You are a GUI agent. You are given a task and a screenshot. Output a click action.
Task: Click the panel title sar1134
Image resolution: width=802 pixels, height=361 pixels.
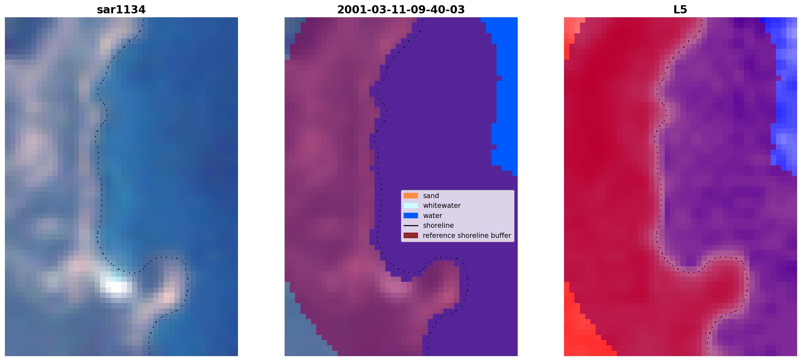pos(121,10)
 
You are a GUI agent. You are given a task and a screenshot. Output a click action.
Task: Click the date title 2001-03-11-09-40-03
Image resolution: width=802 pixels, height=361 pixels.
pos(401,10)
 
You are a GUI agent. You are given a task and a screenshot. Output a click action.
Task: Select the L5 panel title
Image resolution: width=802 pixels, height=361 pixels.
pos(680,10)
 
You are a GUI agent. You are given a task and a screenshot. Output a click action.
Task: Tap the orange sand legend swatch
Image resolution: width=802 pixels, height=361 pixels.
pos(411,196)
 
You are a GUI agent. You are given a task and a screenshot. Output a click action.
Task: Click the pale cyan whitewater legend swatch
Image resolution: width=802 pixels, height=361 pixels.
pos(411,206)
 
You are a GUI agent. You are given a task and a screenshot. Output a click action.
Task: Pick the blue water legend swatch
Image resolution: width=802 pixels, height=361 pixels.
pos(411,216)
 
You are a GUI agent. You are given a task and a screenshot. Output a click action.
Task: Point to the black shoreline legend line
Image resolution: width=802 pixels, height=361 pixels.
pos(411,225)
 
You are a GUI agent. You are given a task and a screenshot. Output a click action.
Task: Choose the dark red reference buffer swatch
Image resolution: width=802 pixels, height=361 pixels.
pos(411,236)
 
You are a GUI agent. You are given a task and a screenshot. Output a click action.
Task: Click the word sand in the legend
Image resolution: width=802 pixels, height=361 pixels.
pos(431,196)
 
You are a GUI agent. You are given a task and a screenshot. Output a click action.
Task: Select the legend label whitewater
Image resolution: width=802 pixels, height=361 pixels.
pos(442,206)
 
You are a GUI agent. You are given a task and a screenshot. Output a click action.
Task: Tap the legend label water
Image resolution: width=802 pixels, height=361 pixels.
pos(433,216)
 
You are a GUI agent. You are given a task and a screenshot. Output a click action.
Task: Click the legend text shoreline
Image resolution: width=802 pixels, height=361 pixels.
pos(438,225)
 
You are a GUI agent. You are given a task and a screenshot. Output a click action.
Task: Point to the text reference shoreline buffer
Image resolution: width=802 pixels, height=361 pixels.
pos(467,236)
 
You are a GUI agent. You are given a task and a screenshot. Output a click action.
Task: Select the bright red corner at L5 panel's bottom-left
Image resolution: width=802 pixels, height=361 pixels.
pos(584,329)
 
